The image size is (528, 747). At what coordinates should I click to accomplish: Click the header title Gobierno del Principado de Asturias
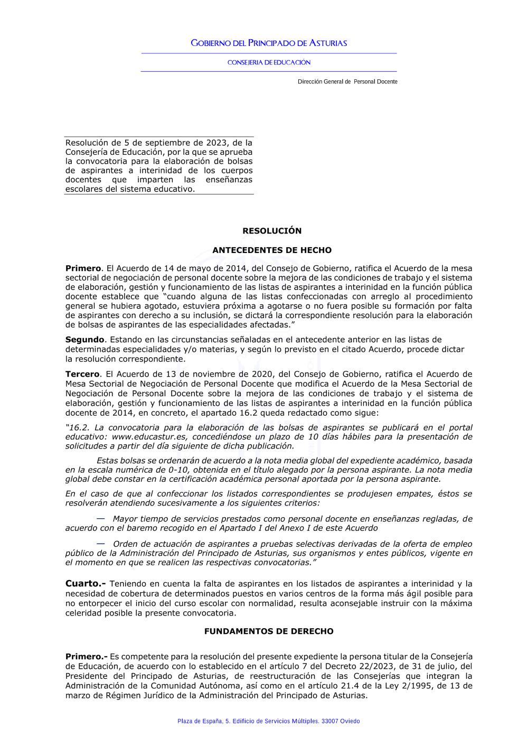(269, 43)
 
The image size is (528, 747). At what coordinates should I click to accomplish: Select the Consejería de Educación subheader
(269, 62)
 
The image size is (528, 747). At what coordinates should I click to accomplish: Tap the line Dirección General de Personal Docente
(347, 82)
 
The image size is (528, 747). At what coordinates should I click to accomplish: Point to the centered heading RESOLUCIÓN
(272, 231)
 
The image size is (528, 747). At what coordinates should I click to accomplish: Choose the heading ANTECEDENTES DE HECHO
(272, 250)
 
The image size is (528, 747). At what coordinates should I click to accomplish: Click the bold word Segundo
(84, 340)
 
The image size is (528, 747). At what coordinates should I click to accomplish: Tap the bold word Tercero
(82, 374)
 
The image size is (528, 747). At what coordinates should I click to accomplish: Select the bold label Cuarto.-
(85, 584)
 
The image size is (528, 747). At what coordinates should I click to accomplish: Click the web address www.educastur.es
(149, 437)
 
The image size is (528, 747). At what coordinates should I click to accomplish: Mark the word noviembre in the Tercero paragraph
(216, 374)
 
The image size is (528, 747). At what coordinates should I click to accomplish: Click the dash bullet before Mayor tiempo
(100, 519)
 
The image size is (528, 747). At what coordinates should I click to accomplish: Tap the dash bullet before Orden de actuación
(100, 544)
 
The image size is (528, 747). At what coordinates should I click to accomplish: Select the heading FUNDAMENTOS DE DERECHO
(269, 631)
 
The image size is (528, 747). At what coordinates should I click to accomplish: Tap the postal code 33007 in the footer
(331, 721)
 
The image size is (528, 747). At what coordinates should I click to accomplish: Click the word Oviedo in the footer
(350, 721)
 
